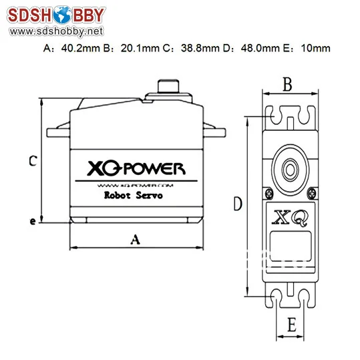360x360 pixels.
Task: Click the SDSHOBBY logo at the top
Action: (54, 15)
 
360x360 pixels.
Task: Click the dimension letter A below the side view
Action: (134, 238)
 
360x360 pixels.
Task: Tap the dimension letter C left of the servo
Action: (32, 160)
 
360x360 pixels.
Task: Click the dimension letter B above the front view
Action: (287, 85)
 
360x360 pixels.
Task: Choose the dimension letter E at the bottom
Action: (291, 325)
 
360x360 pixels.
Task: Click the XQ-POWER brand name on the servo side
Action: (136, 168)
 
